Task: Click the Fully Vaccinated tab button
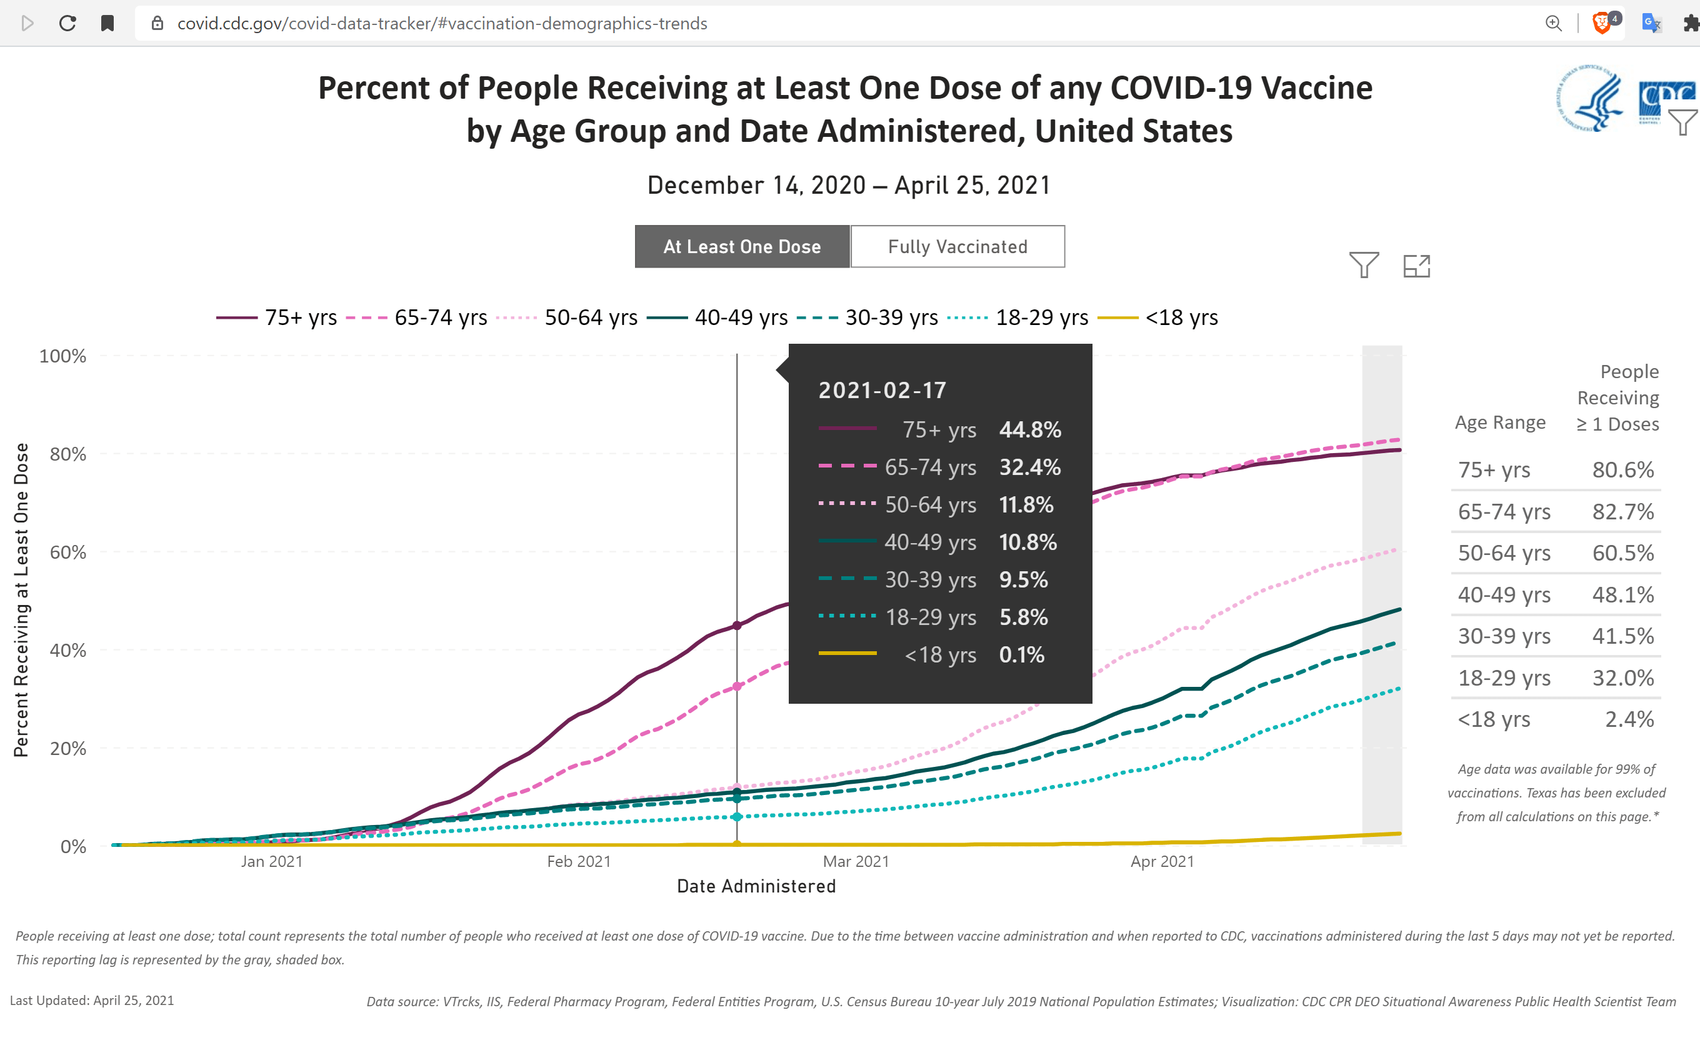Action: coord(957,246)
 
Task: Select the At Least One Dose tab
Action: coord(742,246)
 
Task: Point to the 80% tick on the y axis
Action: coord(67,454)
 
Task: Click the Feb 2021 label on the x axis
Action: coord(579,861)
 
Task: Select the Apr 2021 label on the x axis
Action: coord(1162,861)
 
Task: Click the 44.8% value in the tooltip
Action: coord(1030,430)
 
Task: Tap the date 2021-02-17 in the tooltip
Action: coord(882,390)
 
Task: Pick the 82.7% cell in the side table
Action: coord(1623,512)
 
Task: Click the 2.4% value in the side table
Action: coord(1629,719)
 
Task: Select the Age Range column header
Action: coord(1500,422)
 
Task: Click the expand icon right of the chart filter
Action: coord(1416,266)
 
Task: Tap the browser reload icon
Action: coord(67,24)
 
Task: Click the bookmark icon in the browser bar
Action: coord(107,24)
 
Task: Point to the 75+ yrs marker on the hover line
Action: coord(737,626)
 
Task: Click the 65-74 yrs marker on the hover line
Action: coord(737,687)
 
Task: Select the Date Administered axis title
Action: coord(756,886)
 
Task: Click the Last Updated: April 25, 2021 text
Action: coord(92,1000)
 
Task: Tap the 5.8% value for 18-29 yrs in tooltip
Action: coord(1023,617)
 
